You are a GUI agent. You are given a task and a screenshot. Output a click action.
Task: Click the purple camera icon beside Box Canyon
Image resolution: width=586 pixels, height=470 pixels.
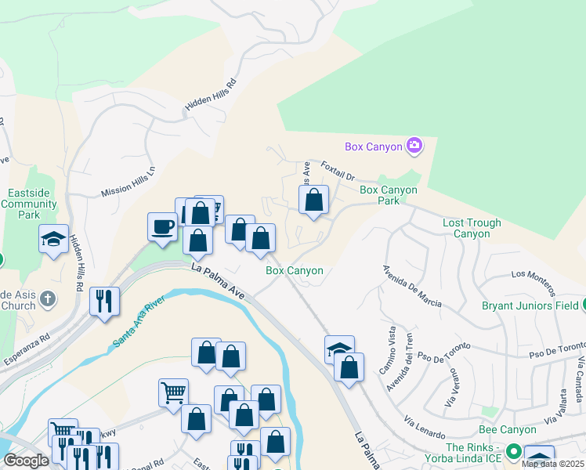(414, 146)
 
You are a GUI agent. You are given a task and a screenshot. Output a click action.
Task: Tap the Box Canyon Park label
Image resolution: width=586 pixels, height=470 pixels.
(388, 195)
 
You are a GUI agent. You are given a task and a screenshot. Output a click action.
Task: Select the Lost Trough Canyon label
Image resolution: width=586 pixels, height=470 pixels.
(472, 228)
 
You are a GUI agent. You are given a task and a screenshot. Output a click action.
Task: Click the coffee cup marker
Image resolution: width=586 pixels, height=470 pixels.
(162, 227)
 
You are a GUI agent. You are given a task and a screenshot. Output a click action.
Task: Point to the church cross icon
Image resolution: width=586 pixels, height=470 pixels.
(48, 298)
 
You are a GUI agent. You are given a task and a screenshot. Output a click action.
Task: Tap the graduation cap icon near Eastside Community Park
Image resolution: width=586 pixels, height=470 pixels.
(53, 239)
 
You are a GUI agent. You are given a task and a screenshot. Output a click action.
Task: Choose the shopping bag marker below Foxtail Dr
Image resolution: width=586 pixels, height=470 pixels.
(313, 200)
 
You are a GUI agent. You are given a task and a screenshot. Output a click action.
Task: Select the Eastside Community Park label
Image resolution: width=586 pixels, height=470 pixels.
(29, 203)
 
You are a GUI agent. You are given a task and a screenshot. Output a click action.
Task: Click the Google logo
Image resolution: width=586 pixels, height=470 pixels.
(26, 461)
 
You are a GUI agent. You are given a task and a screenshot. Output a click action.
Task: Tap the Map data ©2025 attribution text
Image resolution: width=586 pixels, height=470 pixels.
(552, 464)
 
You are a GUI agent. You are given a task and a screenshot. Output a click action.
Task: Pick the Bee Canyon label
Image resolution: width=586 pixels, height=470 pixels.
(507, 429)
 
